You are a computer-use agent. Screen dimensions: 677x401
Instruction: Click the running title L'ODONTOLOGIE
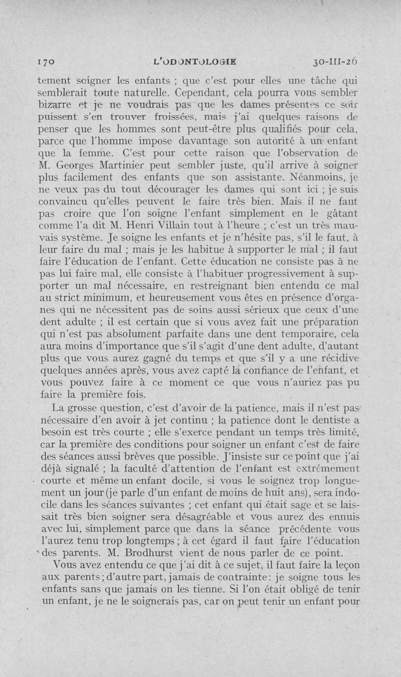pos(197,62)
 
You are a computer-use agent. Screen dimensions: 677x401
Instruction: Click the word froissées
pos(174,119)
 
